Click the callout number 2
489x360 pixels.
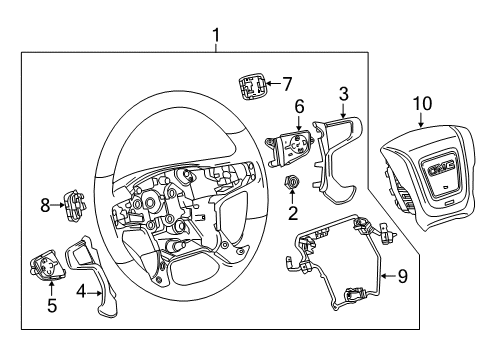pos(292,212)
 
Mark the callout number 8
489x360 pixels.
pos(44,205)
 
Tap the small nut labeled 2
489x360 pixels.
pos(292,184)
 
